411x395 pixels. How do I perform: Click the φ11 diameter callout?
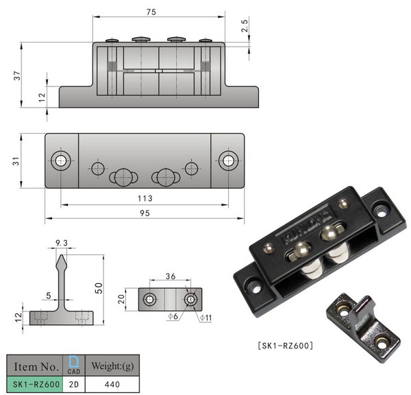[x=206, y=319]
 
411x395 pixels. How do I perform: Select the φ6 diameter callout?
[x=175, y=318]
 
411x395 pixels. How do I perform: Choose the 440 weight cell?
[x=110, y=385]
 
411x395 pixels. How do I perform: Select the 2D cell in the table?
[x=73, y=385]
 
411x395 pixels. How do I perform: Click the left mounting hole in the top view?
[x=61, y=161]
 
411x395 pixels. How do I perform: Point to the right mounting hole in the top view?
[x=227, y=161]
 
